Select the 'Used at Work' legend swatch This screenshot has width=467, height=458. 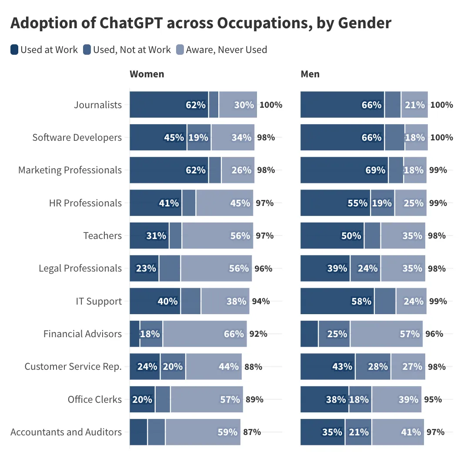pos(14,50)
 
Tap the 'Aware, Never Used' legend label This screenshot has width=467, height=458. pos(226,50)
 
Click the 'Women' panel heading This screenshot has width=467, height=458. pos(147,74)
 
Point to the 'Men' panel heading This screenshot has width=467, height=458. pos(310,74)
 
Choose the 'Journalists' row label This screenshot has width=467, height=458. pos(98,105)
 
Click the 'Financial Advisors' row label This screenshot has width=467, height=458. pos(83,334)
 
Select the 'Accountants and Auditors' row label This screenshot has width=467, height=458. pos(66,432)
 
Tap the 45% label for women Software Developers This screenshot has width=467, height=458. pos(173,137)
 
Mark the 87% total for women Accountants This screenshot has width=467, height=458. pos(252,432)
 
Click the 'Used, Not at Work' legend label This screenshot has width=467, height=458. pos(132,50)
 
